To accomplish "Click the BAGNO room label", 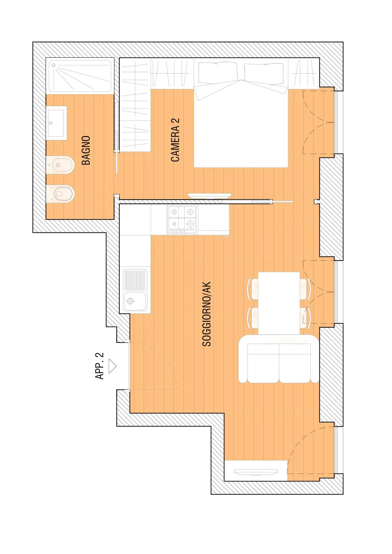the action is (86, 150).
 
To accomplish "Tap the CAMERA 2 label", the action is (175, 140).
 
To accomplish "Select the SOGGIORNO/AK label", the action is (207, 314).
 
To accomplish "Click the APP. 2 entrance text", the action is (100, 366).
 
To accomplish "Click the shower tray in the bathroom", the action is (80, 76).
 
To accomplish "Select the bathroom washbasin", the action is (57, 123).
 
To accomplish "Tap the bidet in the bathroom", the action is (60, 165).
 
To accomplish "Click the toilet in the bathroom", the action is (60, 194).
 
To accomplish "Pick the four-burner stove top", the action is (182, 220).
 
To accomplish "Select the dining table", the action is (279, 303).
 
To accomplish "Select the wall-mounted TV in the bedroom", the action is (210, 196).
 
